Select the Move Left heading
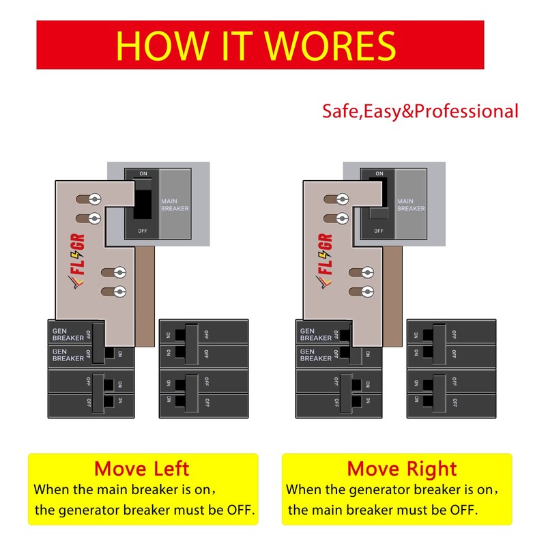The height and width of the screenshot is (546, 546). coord(142,469)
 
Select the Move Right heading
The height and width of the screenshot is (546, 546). coord(402,469)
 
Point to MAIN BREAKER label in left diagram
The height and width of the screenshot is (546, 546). coord(175,205)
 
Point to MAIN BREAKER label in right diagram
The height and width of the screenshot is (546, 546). coord(411,205)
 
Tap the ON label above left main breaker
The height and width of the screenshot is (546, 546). coord(143,174)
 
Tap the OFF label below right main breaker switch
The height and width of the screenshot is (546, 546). coord(378,231)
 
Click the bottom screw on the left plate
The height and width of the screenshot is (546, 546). coord(120,292)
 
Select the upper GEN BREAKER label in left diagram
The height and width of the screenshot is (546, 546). coord(68,334)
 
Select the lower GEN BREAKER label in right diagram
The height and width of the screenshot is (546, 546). coord(316,354)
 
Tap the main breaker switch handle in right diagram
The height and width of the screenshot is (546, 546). coord(378,214)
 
